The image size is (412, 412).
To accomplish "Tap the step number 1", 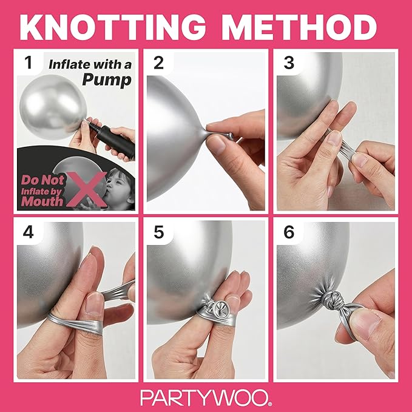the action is (28, 62).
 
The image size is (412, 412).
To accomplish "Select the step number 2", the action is (158, 62).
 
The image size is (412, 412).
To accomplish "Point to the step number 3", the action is (289, 62).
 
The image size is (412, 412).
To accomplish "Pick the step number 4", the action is (28, 232).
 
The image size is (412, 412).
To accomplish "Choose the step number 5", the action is (158, 232).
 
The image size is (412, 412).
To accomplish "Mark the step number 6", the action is (289, 232).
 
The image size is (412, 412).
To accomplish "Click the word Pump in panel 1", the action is (107, 79).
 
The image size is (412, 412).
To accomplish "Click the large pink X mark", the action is (87, 189).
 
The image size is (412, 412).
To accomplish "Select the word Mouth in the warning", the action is (42, 201).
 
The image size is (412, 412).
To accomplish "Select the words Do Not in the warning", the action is (43, 180).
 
